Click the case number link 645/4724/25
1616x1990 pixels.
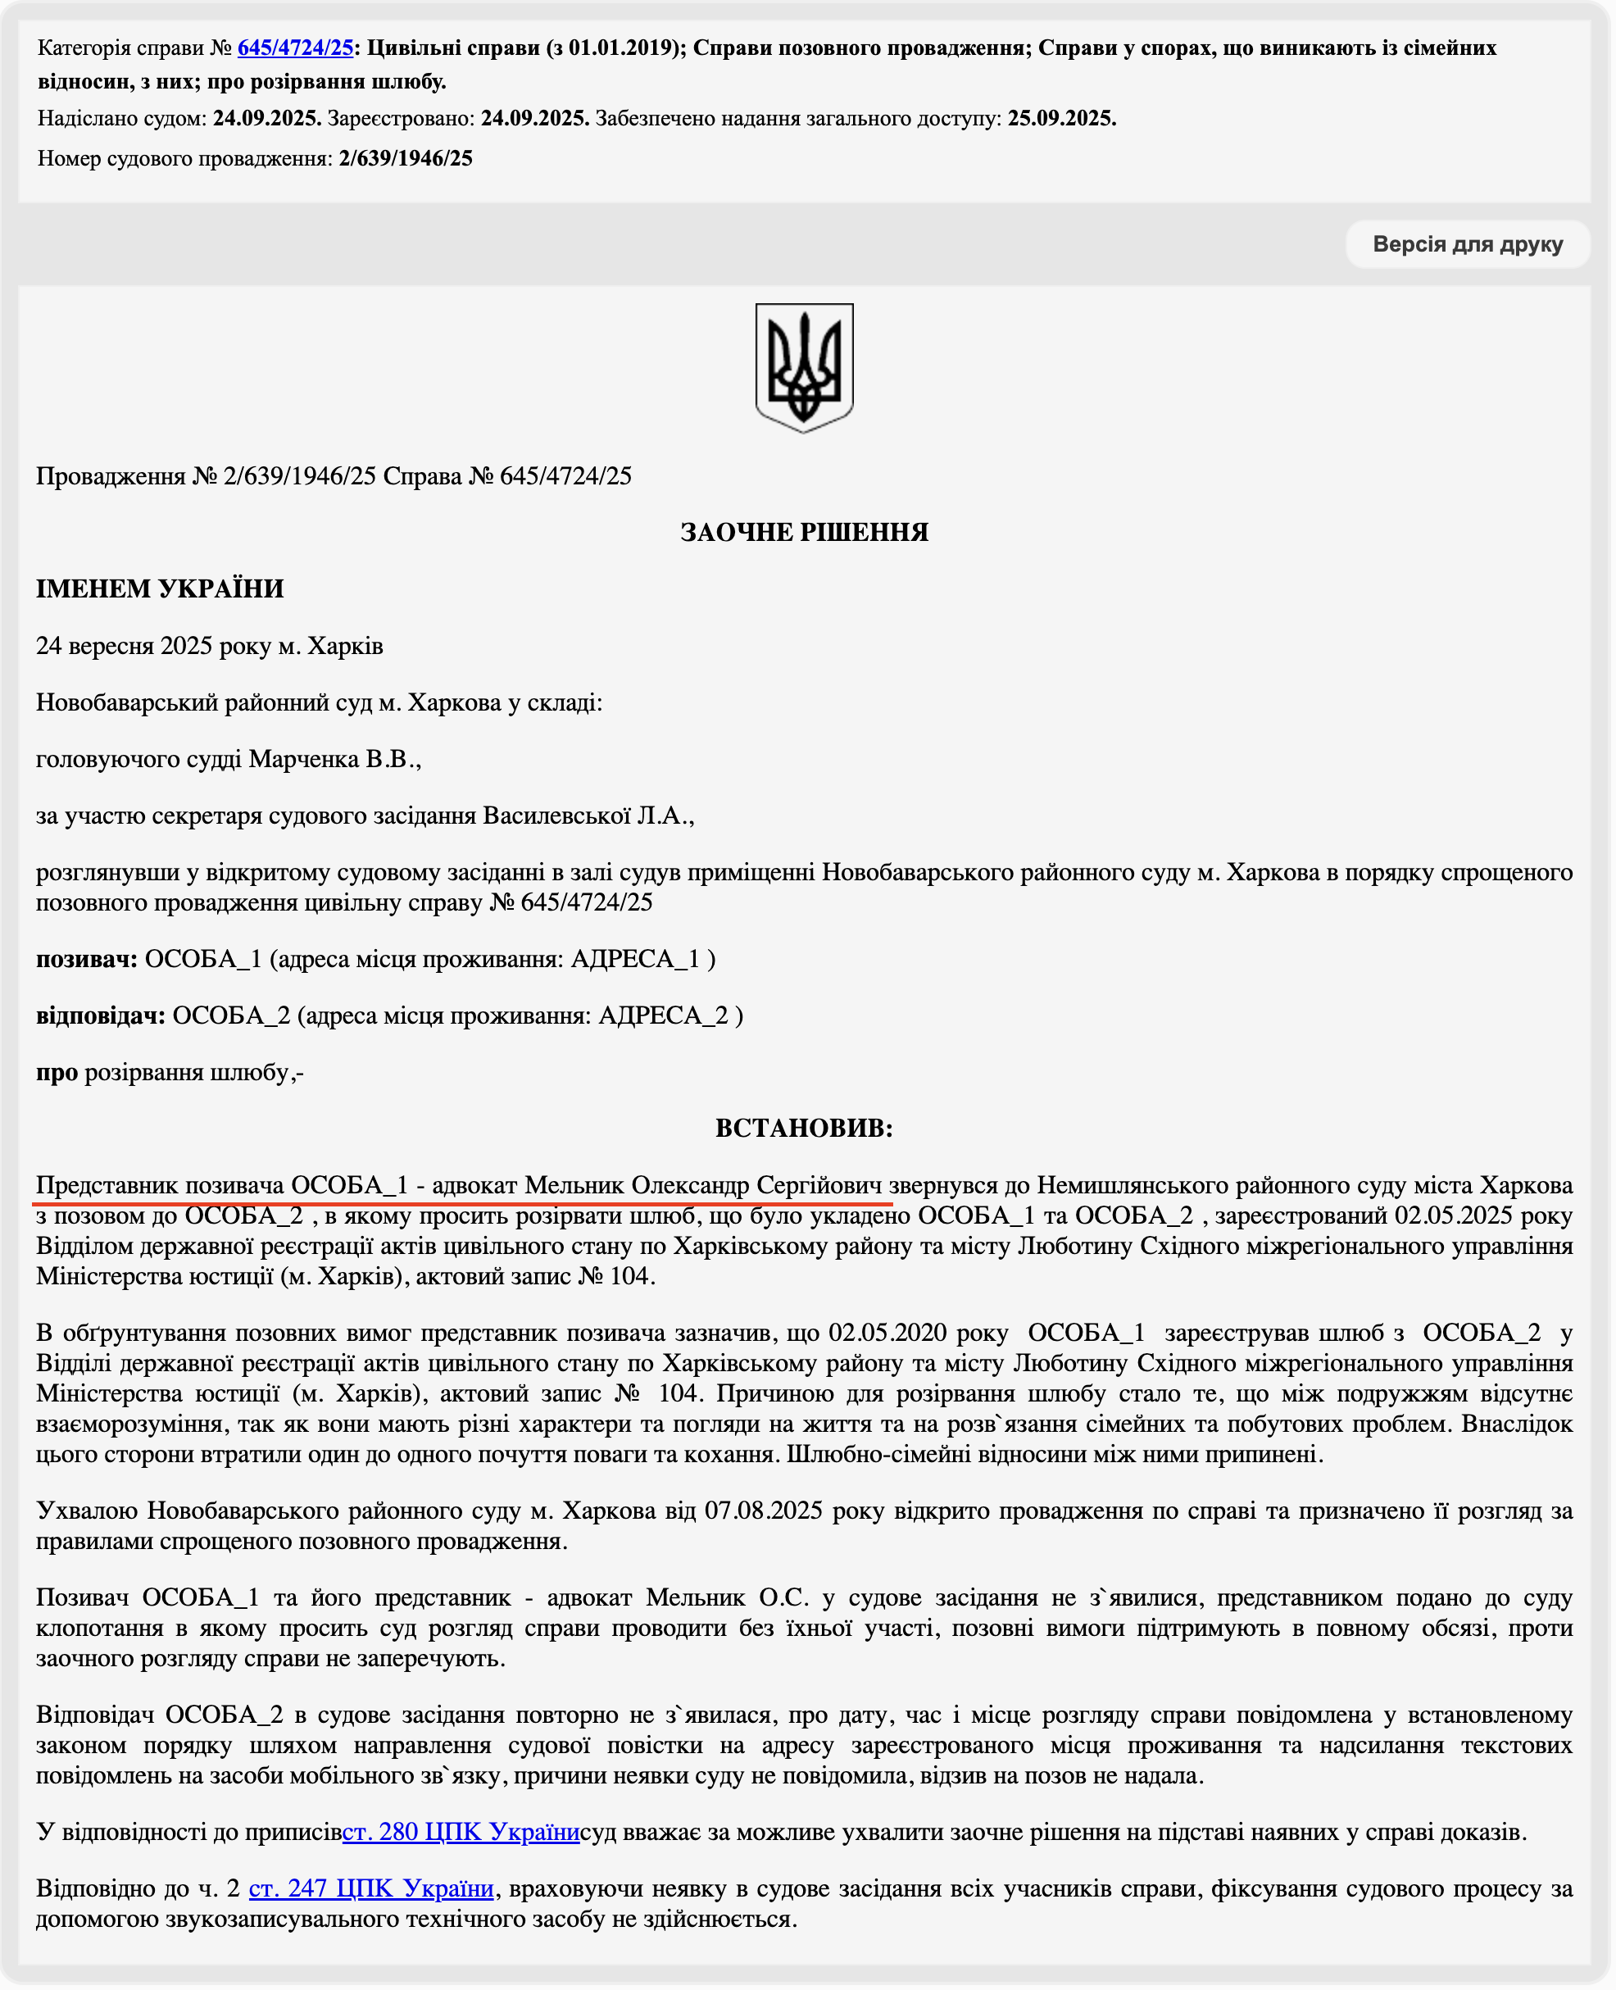pos(295,48)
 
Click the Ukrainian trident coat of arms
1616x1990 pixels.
pos(804,368)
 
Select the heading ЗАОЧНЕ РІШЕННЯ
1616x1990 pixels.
pos(804,533)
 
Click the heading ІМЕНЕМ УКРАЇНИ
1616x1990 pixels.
pos(159,589)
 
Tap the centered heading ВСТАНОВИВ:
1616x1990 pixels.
pos(804,1129)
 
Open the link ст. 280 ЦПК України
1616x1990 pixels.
pos(461,1833)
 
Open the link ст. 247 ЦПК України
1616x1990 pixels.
pos(370,1888)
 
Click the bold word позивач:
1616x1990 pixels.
pos(87,960)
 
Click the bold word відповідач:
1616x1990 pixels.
pos(101,1015)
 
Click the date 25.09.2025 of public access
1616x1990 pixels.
pos(1061,119)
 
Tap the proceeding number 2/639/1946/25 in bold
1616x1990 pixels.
pos(406,159)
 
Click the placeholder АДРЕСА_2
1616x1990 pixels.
pos(663,1015)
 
